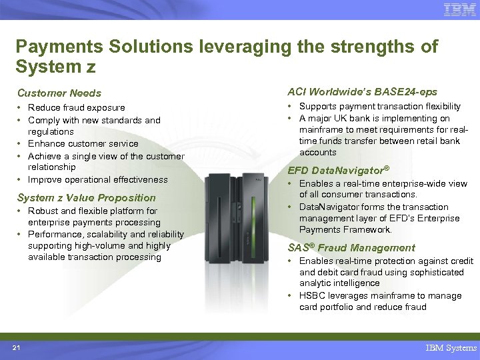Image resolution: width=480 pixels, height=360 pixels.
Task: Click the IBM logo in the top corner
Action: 459,9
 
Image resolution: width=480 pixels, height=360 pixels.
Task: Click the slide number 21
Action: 16,347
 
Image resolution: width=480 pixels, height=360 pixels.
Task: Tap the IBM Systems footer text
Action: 451,347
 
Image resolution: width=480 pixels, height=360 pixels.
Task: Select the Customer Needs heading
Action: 59,93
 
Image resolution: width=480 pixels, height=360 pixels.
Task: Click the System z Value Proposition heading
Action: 86,197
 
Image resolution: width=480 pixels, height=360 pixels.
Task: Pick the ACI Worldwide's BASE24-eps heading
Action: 362,91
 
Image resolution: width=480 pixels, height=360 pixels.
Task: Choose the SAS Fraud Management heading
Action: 351,247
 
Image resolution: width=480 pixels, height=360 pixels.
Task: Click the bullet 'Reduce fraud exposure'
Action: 76,107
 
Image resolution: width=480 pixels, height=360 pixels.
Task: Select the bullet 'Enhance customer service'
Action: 83,143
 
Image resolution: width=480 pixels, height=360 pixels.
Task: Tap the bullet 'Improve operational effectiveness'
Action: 97,179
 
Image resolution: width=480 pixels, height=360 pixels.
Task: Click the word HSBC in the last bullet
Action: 312,295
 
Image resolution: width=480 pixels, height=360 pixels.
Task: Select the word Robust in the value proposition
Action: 42,211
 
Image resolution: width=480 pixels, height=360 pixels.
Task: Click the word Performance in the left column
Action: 55,234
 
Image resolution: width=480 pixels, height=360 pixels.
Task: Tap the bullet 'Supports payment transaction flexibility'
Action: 379,106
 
